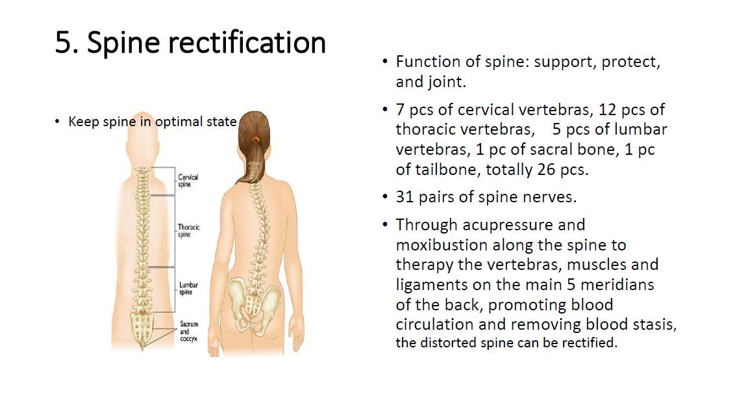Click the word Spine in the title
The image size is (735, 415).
pyautogui.click(x=123, y=43)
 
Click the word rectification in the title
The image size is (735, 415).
pyautogui.click(x=247, y=42)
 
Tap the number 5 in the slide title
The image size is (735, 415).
pyautogui.click(x=63, y=43)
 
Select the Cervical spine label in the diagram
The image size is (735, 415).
pyautogui.click(x=188, y=181)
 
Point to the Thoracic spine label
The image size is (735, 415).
pyautogui.click(x=188, y=230)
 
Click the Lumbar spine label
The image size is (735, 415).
pyautogui.click(x=188, y=288)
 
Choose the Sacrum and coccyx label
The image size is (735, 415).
pyautogui.click(x=189, y=332)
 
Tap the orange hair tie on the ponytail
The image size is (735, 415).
pyautogui.click(x=255, y=139)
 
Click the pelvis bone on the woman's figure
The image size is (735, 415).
pyautogui.click(x=255, y=303)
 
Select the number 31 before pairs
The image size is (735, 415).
pyautogui.click(x=405, y=197)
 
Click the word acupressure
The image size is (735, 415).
pyautogui.click(x=523, y=225)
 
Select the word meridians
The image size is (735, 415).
pyautogui.click(x=617, y=284)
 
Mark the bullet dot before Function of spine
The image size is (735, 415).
pyautogui.click(x=385, y=62)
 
